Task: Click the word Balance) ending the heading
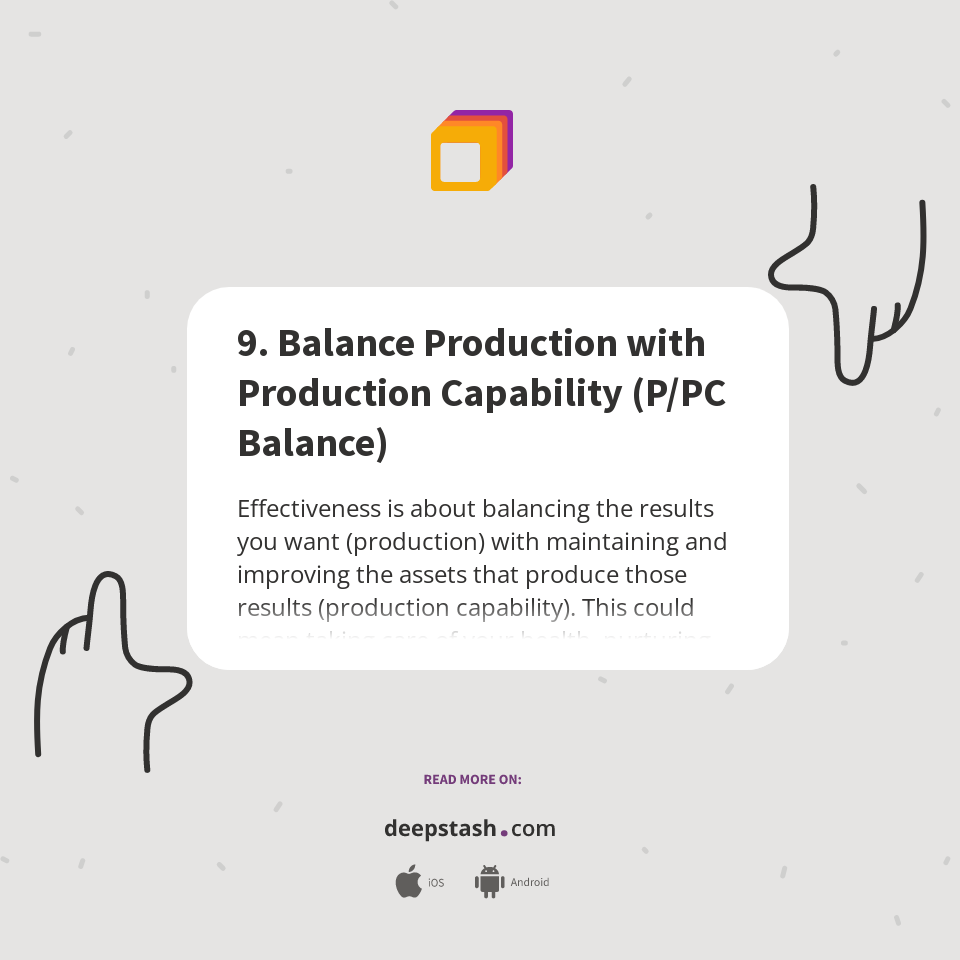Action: [312, 443]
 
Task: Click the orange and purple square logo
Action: [471, 150]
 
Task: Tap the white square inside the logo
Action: [461, 162]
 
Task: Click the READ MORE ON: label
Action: [472, 779]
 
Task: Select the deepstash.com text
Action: [470, 829]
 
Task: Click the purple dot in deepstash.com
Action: [504, 832]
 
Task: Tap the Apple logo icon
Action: [408, 881]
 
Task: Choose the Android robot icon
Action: [489, 881]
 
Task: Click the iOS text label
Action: [436, 883]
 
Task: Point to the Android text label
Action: [529, 883]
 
